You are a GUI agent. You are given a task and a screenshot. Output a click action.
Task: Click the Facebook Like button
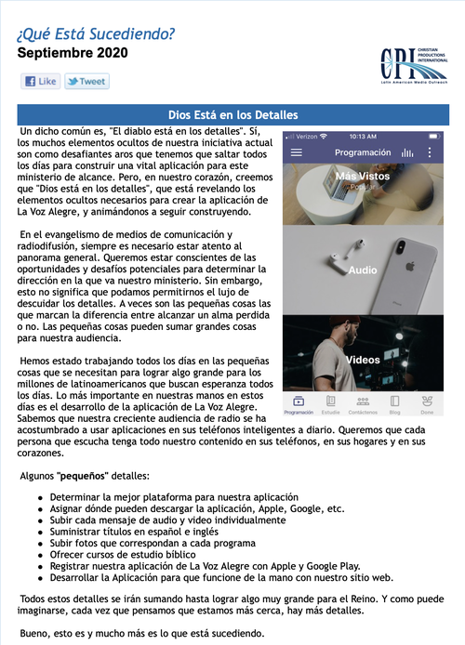pos(41,81)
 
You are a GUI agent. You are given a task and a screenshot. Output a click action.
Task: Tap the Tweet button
pos(86,81)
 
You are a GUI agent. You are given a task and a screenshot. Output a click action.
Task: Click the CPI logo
pos(414,66)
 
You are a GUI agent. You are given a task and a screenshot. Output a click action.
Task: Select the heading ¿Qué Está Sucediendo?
pos(96,34)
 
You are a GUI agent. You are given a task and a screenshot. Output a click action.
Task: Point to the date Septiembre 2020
pos(73,53)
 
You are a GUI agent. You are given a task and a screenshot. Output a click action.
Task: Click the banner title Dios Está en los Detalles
pos(232,114)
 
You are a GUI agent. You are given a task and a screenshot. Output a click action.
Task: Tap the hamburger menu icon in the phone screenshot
pos(297,152)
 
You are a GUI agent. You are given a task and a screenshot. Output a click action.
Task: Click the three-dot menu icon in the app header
pos(430,152)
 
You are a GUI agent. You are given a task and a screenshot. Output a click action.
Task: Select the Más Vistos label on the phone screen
pos(363,176)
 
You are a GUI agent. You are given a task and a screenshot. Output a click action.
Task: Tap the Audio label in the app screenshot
pos(363,270)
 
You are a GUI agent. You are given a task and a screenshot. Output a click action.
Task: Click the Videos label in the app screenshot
pos(363,360)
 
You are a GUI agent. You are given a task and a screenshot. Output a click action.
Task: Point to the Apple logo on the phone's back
pos(409,266)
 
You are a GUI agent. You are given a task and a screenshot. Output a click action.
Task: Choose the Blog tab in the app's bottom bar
pos(394,405)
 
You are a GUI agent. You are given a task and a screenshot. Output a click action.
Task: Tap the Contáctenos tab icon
pos(363,401)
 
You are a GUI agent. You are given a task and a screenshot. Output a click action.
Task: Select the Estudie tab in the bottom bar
pos(330,405)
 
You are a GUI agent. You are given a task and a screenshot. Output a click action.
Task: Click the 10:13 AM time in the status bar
pos(363,137)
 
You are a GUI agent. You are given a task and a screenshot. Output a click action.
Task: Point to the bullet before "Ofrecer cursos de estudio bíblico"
pos(40,555)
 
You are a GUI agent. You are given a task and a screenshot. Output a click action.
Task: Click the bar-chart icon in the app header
pos(407,152)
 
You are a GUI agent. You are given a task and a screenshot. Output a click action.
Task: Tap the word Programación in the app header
pos(363,152)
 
